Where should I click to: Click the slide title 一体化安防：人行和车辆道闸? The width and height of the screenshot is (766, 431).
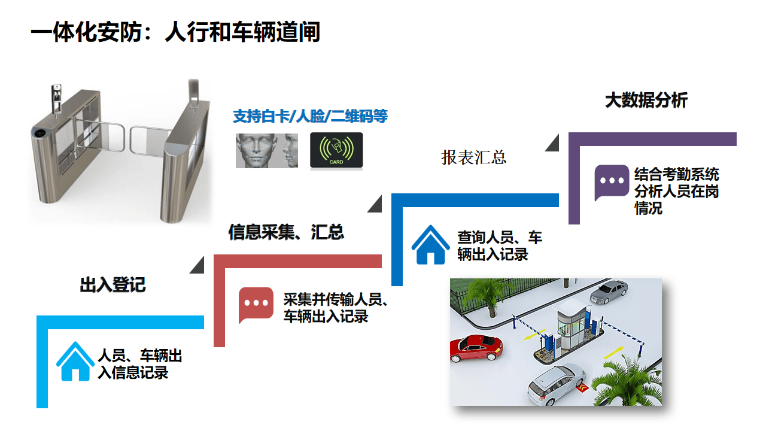point(175,32)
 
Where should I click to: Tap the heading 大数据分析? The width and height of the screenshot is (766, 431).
point(646,100)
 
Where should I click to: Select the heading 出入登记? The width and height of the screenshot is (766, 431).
point(113,284)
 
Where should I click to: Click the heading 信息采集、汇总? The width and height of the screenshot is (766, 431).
point(286,232)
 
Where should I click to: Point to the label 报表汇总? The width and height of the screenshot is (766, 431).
point(474,157)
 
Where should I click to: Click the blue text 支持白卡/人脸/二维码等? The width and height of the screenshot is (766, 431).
point(310,116)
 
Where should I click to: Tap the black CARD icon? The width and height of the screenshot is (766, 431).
point(336,150)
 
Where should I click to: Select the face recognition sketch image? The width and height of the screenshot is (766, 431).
point(266,150)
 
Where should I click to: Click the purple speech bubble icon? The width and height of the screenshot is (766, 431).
point(612,182)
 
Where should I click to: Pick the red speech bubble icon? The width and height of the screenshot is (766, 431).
point(256,304)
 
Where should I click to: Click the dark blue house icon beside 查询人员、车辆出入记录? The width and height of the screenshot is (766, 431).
point(430,245)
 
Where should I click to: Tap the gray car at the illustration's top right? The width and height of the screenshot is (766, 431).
point(609,292)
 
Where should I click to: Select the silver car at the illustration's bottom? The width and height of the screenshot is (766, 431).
point(556,383)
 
